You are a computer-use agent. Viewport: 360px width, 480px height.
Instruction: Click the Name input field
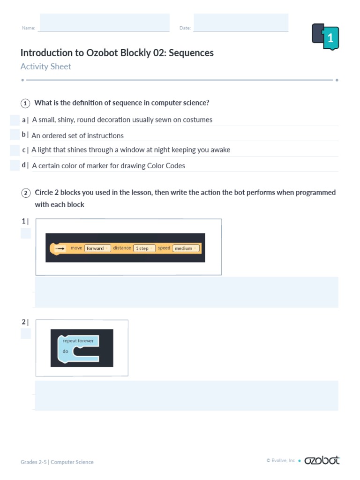(x=105, y=22)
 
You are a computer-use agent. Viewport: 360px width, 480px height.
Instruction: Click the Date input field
(x=241, y=22)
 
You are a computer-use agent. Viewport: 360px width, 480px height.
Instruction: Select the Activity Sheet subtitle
(x=46, y=67)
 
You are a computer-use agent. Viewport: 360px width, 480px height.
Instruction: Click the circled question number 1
(x=25, y=103)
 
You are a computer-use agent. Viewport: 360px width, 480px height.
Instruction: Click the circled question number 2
(x=25, y=193)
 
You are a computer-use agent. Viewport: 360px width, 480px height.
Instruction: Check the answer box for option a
(x=15, y=120)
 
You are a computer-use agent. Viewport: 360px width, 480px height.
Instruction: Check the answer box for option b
(x=15, y=135)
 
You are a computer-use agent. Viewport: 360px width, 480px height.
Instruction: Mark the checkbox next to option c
(x=15, y=150)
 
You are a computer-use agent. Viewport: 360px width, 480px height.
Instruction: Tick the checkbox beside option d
(x=15, y=165)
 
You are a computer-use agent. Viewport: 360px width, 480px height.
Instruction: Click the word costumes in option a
(x=196, y=120)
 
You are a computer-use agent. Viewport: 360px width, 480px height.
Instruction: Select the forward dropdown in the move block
(x=97, y=248)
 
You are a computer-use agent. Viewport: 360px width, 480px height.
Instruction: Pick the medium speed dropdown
(x=186, y=248)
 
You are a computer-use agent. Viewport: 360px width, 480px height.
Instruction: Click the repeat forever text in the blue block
(x=78, y=341)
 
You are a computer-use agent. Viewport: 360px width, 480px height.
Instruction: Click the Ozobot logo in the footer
(x=322, y=460)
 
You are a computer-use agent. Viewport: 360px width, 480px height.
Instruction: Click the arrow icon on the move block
(x=60, y=248)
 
